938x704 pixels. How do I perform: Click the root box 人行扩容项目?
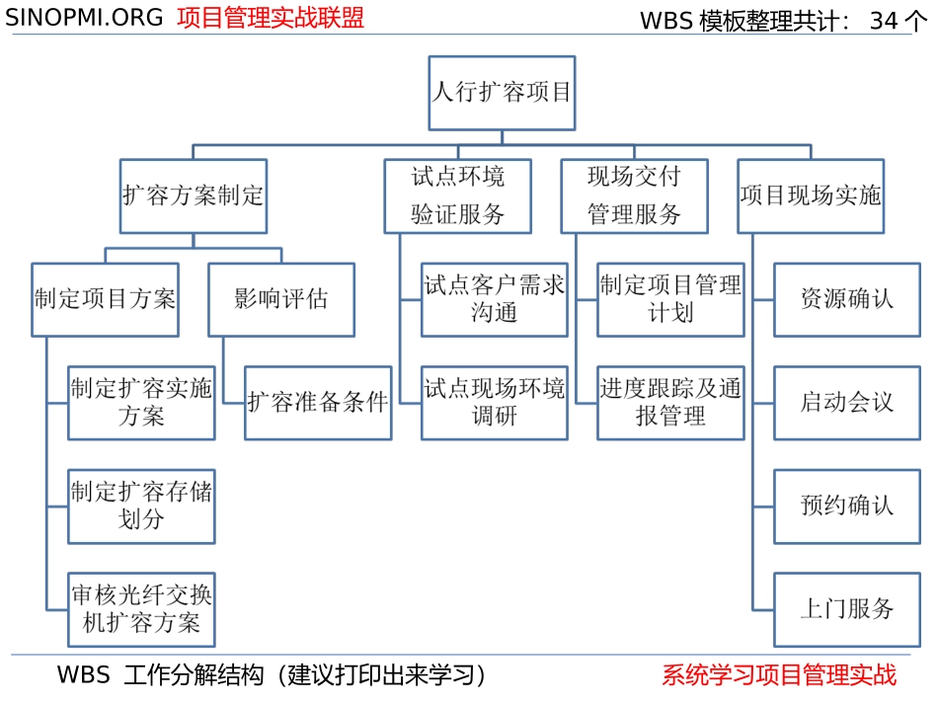(x=502, y=93)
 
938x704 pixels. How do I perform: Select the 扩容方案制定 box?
(x=193, y=196)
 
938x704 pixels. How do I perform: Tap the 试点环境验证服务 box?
(x=458, y=196)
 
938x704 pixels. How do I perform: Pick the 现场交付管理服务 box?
(x=634, y=196)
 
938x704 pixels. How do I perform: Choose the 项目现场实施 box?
(x=811, y=196)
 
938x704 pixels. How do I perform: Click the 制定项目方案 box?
(x=105, y=299)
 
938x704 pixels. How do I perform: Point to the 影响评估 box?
(x=281, y=299)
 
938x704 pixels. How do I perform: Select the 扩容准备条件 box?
(x=318, y=402)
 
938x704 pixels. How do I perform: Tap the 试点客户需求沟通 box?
(x=495, y=299)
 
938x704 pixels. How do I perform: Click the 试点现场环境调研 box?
(x=495, y=402)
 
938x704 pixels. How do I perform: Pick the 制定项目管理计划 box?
(x=670, y=299)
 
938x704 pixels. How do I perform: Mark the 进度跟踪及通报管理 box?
(x=670, y=402)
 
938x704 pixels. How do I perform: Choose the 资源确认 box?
(x=847, y=299)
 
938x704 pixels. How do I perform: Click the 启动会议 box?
(x=847, y=402)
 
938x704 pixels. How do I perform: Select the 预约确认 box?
(x=847, y=506)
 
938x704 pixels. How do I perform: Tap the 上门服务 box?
(x=847, y=608)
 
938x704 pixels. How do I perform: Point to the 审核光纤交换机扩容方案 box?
(x=141, y=608)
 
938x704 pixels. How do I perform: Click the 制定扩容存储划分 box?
(x=141, y=506)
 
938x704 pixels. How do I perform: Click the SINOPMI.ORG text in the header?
(x=85, y=19)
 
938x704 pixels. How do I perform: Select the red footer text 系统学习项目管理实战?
(x=779, y=675)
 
